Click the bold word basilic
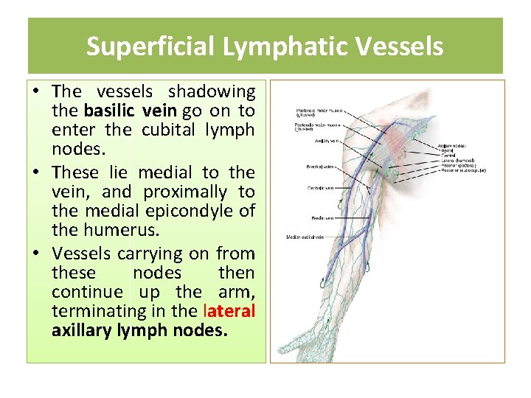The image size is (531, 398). [109, 111]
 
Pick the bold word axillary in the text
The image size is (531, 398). [81, 330]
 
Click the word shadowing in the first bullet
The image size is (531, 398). [212, 91]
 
